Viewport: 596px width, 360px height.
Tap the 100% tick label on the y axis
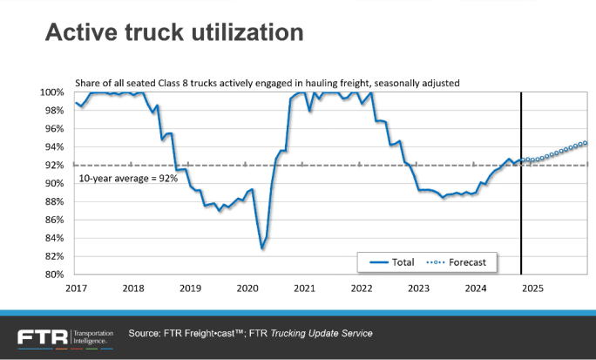point(52,92)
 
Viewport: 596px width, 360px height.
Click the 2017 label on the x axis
point(76,289)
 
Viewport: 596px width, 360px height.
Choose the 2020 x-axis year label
point(247,289)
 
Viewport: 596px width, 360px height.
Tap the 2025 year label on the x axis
point(533,289)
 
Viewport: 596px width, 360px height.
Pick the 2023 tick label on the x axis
point(419,289)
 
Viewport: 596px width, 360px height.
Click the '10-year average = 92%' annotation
point(128,178)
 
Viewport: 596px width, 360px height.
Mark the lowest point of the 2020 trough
point(262,248)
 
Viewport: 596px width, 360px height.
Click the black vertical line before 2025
point(521,200)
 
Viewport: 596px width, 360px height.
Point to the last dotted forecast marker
point(586,143)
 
